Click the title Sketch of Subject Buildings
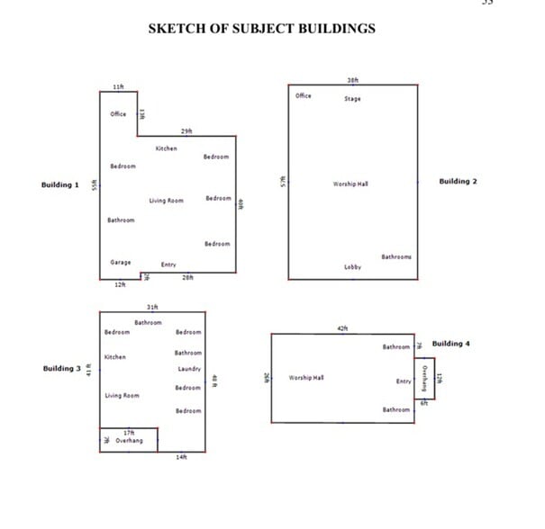click(x=261, y=29)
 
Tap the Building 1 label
click(x=60, y=185)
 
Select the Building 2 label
click(x=458, y=182)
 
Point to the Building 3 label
click(x=62, y=369)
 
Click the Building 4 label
click(x=451, y=344)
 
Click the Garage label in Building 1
click(x=121, y=263)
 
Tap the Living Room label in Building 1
click(x=166, y=201)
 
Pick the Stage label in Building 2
click(x=352, y=99)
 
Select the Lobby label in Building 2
click(x=352, y=267)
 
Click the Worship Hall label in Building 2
click(x=350, y=184)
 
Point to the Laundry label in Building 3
click(x=189, y=369)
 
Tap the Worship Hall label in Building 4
click(x=306, y=378)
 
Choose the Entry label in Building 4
click(x=404, y=381)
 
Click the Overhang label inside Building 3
click(x=130, y=441)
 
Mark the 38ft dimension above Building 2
click(x=352, y=79)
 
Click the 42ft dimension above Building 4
click(x=342, y=329)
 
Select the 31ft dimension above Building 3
click(x=152, y=308)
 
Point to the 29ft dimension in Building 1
click(x=186, y=131)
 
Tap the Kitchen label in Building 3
click(x=114, y=357)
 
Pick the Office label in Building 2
click(x=303, y=95)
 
